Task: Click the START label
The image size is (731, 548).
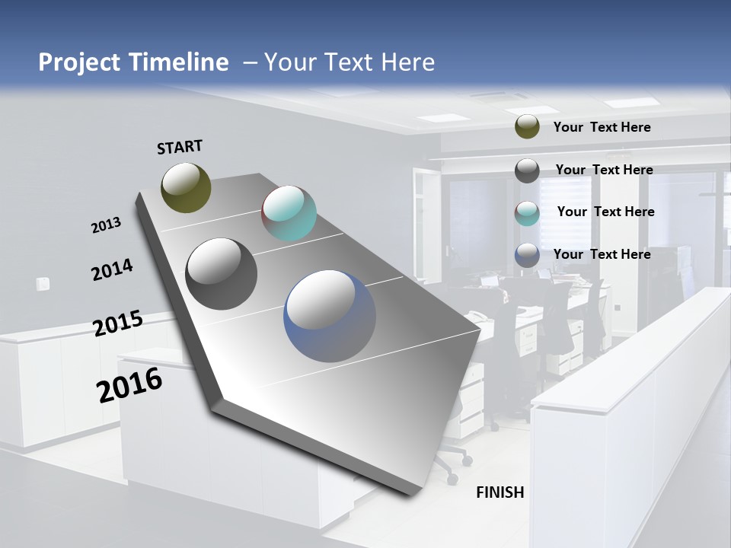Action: (180, 147)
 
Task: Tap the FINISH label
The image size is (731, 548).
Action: (500, 492)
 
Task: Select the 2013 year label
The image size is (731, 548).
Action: (106, 225)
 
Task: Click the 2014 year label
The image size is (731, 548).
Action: (112, 269)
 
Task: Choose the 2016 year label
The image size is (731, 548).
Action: (129, 384)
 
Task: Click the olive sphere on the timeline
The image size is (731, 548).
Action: (186, 187)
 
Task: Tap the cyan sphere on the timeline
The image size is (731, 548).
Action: (289, 212)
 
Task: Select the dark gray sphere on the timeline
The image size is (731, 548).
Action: (221, 273)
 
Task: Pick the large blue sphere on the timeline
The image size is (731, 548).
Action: (329, 315)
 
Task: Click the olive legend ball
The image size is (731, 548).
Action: (527, 126)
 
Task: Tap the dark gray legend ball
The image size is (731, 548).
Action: (527, 170)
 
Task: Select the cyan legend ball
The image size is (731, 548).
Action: (527, 213)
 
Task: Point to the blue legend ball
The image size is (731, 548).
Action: (527, 255)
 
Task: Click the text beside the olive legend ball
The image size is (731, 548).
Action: (602, 127)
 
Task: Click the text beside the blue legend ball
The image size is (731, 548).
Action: (602, 254)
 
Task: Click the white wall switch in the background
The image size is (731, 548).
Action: (43, 285)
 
